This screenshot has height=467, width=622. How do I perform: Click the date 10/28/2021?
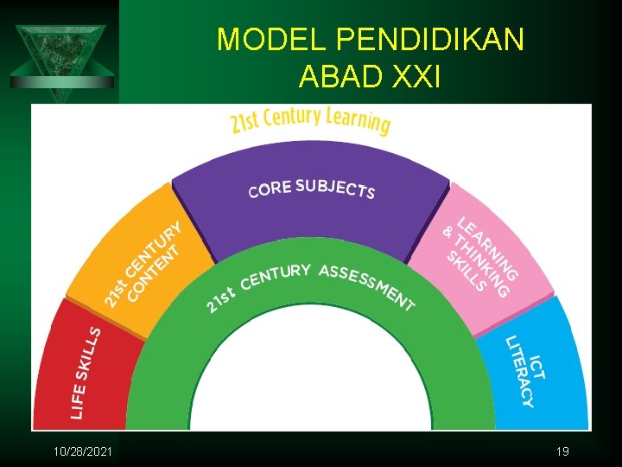tap(82, 451)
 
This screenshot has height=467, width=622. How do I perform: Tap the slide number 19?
tap(562, 451)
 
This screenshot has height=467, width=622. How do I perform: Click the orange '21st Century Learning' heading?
tap(310, 121)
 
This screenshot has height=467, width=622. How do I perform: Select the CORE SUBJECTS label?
tap(311, 189)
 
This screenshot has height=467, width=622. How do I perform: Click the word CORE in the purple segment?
tap(270, 189)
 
